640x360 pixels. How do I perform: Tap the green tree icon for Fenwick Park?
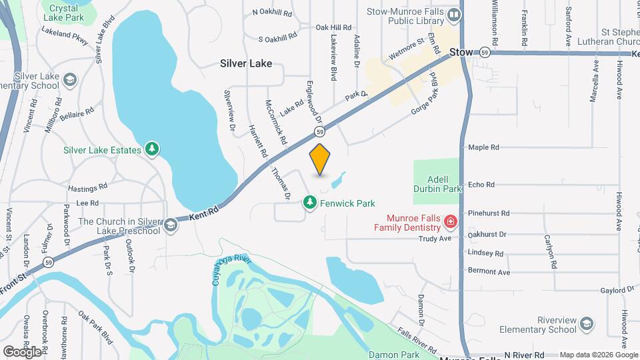click(x=309, y=201)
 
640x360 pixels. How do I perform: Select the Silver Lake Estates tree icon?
click(x=153, y=149)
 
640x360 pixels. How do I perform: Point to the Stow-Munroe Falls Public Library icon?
click(x=454, y=15)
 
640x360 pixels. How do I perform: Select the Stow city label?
click(x=461, y=51)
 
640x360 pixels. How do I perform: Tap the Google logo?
click(x=22, y=351)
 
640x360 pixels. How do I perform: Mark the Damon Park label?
click(x=400, y=355)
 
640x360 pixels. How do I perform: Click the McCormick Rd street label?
click(x=275, y=123)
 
